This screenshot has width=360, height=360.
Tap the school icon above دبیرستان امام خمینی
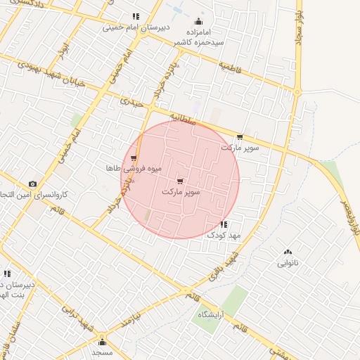pos(135,16)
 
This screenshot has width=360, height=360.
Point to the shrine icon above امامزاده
pos(199,20)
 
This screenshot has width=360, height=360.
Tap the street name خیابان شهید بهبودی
pos(50,75)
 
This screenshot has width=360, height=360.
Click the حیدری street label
pos(131,103)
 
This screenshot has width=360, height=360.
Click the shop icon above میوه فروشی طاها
pos(134,158)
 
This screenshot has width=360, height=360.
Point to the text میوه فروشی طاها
pos(134,169)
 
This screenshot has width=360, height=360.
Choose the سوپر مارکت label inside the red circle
pos(181,191)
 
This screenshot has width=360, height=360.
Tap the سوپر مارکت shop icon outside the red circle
pos(240,137)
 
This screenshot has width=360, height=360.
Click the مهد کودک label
pos(224,236)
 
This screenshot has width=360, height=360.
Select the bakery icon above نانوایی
pos(287,252)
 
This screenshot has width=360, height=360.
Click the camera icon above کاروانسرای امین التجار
pos(32,184)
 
